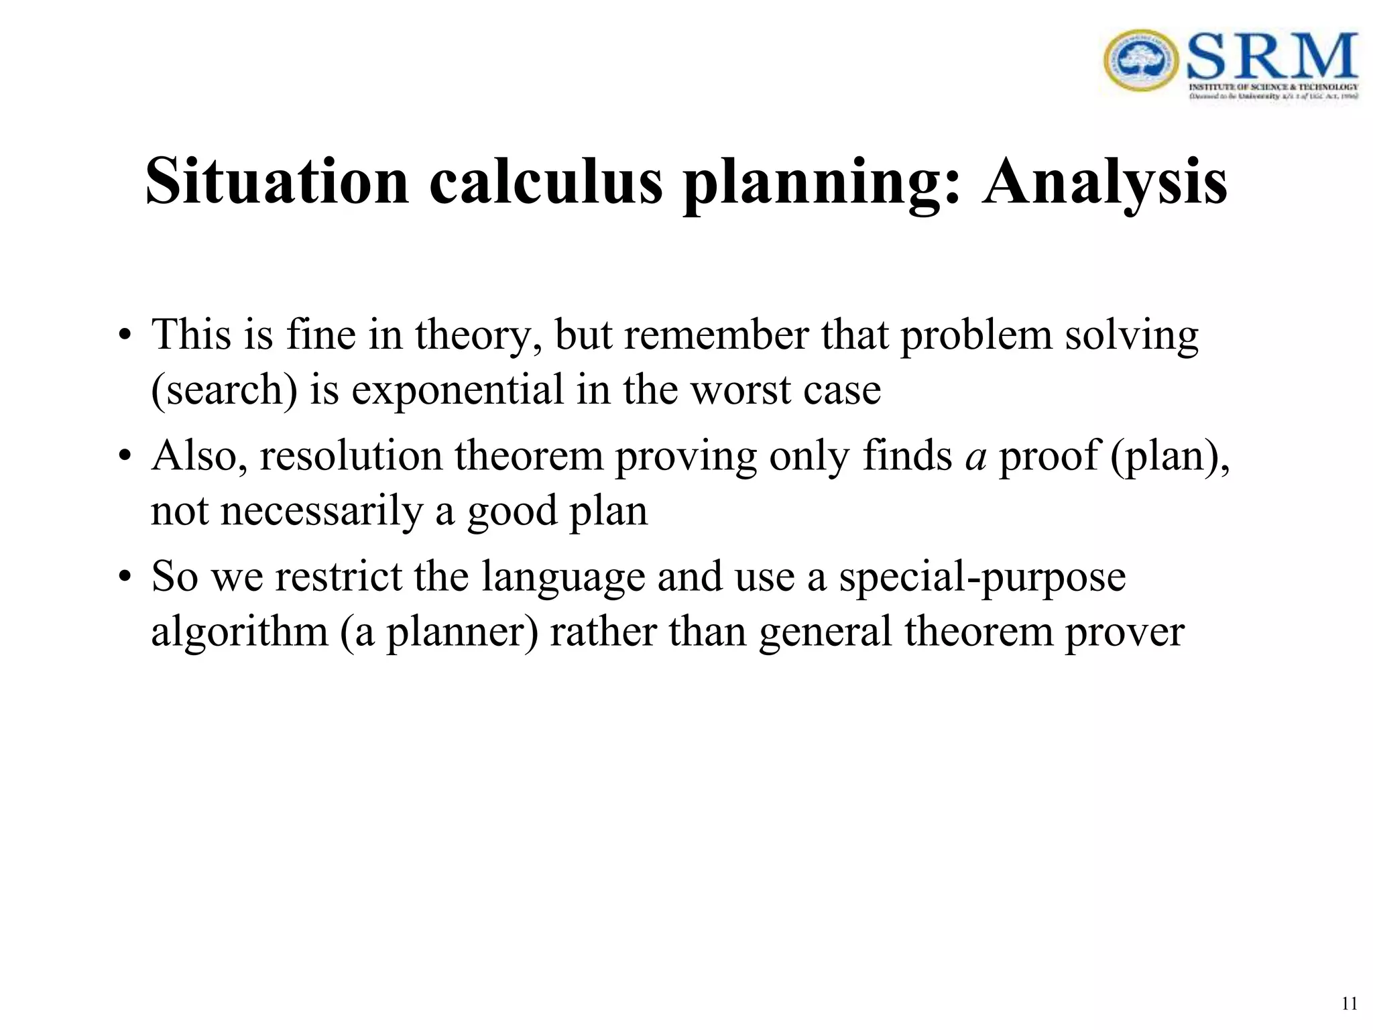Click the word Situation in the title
point(277,182)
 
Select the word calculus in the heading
point(546,182)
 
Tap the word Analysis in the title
point(1105,182)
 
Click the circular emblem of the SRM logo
point(1140,61)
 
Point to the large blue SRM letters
point(1272,56)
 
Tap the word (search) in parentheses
point(225,390)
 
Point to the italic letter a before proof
point(976,457)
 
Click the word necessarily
point(322,511)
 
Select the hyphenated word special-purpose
point(982,577)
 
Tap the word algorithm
point(239,632)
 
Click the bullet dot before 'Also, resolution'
point(125,457)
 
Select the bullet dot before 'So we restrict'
point(125,577)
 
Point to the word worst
point(741,390)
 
